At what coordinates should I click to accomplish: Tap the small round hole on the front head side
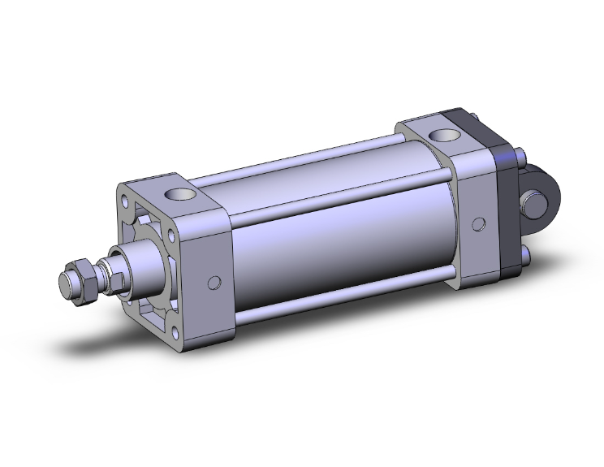tap(214, 283)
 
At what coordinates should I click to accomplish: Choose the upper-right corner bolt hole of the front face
tap(170, 236)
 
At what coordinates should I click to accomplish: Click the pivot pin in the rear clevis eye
tap(536, 197)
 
